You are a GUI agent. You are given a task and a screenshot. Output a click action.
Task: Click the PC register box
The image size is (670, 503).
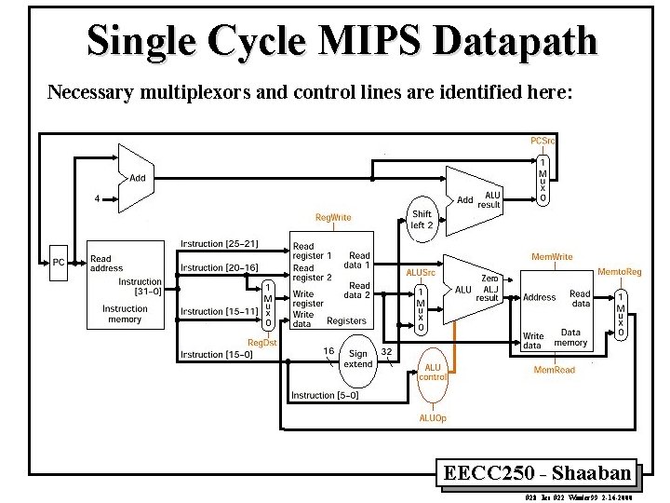(59, 262)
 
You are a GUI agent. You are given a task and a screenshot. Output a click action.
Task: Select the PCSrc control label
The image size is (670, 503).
(543, 141)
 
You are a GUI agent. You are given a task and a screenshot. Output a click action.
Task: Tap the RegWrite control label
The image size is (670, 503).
(333, 217)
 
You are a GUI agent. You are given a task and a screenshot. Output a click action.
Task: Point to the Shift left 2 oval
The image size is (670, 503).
(422, 219)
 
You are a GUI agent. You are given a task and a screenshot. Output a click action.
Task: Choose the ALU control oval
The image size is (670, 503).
(433, 372)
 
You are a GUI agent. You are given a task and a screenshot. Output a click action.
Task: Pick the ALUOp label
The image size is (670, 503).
(432, 418)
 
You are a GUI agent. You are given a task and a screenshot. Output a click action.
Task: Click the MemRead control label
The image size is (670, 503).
(554, 370)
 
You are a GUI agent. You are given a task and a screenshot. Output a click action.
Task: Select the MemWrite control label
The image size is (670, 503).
(552, 256)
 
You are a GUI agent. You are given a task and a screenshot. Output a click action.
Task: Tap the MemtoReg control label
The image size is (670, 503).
(619, 271)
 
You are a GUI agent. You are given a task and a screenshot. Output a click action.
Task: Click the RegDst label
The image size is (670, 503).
(261, 342)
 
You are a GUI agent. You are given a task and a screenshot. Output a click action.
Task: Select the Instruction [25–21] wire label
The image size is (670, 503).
(220, 244)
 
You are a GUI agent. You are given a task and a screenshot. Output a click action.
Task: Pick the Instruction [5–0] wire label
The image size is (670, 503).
(326, 395)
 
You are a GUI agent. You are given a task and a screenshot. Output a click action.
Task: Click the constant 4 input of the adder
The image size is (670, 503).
(97, 197)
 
